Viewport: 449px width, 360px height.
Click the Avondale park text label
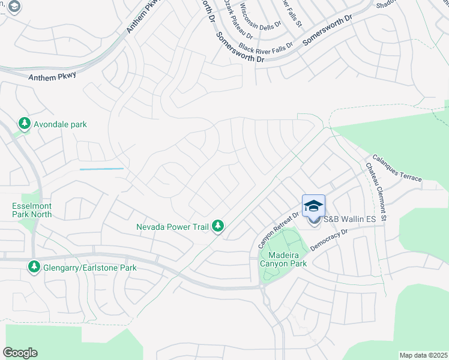[59, 124]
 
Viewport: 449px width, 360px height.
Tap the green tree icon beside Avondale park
[25, 124]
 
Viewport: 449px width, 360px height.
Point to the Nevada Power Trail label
[173, 226]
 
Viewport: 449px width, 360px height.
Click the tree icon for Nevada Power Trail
[220, 226]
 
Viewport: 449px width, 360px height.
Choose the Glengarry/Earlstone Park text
[90, 267]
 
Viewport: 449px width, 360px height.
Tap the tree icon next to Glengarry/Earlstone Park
[34, 266]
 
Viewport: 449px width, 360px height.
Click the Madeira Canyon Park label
[283, 258]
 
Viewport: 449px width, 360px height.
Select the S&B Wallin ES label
[349, 220]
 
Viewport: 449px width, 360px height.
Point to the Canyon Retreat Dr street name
[278, 230]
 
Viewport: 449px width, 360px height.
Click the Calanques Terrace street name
[396, 169]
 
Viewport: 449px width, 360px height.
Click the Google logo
[20, 353]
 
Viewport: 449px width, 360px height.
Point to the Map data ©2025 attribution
[423, 355]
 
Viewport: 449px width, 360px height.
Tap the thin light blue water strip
[101, 169]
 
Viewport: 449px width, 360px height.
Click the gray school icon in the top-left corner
[14, 7]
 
